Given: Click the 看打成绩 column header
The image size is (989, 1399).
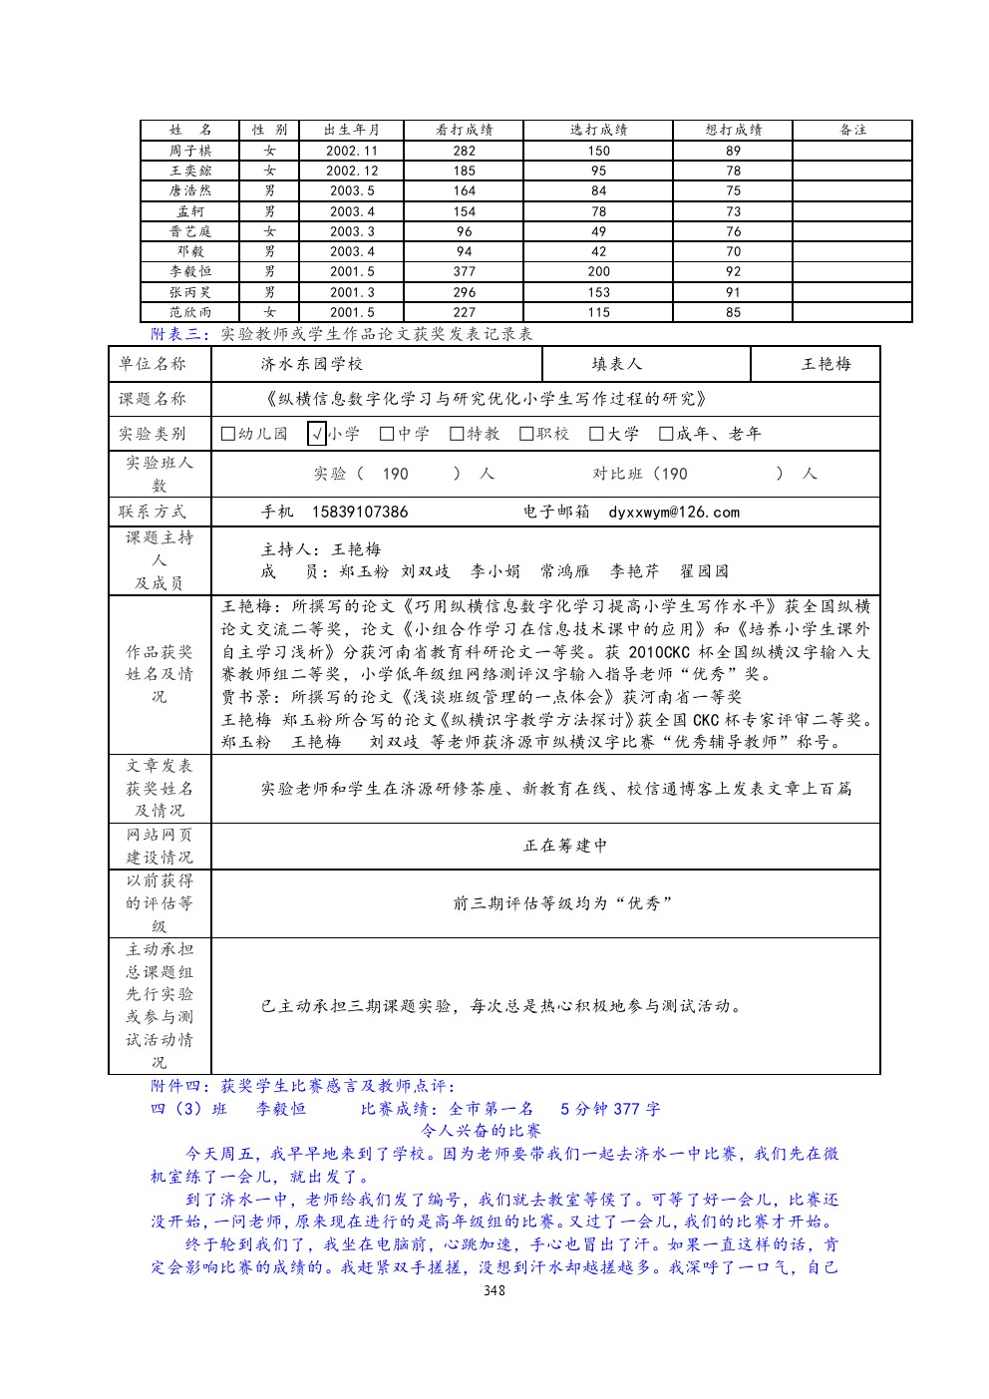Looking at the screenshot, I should (x=465, y=130).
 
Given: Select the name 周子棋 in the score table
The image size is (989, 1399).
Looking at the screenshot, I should (x=189, y=151).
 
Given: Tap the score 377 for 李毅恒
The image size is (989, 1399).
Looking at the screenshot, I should (x=465, y=271).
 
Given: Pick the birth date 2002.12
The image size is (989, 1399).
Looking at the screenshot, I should (x=352, y=171).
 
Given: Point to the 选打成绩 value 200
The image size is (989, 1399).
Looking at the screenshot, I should (x=598, y=271).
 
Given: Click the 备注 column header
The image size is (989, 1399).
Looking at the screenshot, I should (x=852, y=130).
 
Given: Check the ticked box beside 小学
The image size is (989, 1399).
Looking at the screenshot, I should (x=317, y=434).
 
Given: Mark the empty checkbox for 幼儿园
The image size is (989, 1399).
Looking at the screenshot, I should (x=228, y=434).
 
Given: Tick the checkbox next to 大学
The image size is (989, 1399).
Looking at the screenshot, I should (x=597, y=434).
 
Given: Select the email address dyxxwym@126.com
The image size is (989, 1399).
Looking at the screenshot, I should (x=674, y=513).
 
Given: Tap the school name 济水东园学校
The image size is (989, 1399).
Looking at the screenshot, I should (x=312, y=364).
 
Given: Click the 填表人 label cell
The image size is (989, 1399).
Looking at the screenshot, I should (x=617, y=364).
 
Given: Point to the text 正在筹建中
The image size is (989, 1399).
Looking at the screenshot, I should (x=565, y=846).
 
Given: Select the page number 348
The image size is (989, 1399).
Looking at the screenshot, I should (x=494, y=1290).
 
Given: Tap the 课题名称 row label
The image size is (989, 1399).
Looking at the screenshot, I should (x=153, y=399).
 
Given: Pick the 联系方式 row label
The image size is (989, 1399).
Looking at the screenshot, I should (x=153, y=513).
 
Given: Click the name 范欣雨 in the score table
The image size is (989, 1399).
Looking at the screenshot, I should (x=189, y=312).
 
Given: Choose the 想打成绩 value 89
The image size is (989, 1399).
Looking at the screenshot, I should (x=733, y=151).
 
